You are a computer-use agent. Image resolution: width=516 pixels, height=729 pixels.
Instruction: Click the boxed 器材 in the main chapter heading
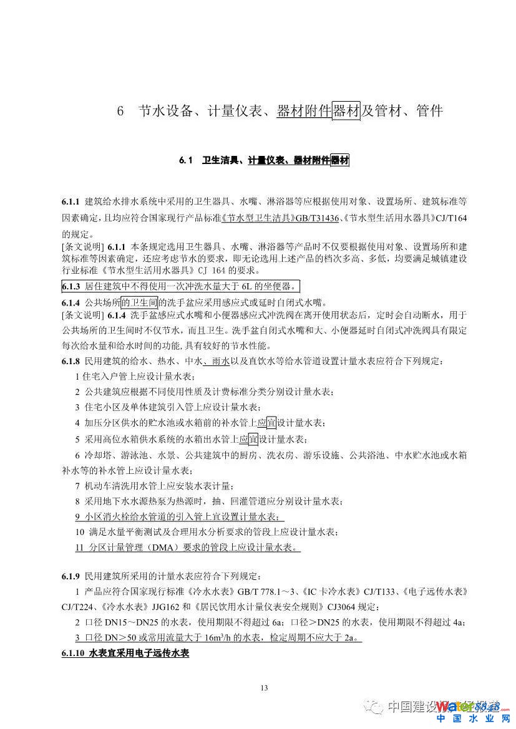tap(346, 112)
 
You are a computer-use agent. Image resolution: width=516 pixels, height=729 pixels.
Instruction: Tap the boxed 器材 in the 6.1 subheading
tap(340, 162)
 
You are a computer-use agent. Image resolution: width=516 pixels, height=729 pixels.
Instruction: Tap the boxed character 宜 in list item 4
tap(271, 423)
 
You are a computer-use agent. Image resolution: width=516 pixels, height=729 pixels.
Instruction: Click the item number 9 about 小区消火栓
tap(77, 517)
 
